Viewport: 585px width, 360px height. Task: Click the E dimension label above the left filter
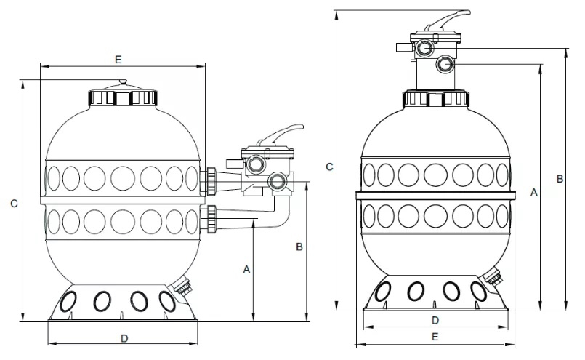click(x=118, y=60)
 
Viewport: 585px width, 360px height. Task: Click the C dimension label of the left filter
click(x=14, y=204)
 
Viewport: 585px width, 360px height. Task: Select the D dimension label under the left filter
click(x=124, y=338)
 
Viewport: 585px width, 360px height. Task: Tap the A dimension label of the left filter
click(x=246, y=269)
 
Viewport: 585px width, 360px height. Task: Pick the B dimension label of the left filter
click(x=299, y=247)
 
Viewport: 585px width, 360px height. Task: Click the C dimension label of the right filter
click(x=329, y=167)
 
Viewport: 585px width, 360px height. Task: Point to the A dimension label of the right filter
click(x=534, y=192)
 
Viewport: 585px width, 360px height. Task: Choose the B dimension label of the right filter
click(x=560, y=179)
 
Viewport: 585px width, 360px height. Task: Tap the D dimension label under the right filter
click(x=435, y=320)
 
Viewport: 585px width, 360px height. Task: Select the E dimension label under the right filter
click(x=435, y=337)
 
